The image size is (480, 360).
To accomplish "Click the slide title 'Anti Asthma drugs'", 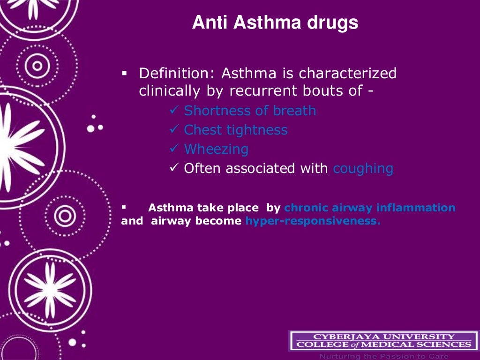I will click(x=275, y=23).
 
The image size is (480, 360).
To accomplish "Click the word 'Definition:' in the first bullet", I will click(x=178, y=74).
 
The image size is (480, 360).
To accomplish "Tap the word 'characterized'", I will click(x=348, y=74).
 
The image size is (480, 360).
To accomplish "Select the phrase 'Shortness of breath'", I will click(x=250, y=111).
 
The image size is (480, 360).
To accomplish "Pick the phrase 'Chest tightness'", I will click(x=236, y=130).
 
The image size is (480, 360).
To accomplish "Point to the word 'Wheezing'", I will click(x=216, y=149).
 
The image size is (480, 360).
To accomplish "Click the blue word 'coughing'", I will click(x=363, y=168).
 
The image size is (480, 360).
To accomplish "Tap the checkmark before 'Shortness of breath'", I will click(x=173, y=111).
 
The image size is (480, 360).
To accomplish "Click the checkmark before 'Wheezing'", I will click(x=173, y=149).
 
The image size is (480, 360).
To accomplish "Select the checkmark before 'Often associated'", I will click(x=173, y=168).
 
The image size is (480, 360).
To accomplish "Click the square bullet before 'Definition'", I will click(x=124, y=74).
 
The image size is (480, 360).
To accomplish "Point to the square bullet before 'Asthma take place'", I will click(x=124, y=206).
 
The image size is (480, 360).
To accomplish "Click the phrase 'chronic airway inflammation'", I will click(x=370, y=208).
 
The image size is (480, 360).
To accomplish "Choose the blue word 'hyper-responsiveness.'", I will click(x=313, y=221).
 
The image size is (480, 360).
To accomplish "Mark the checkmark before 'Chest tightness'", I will click(x=173, y=130).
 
